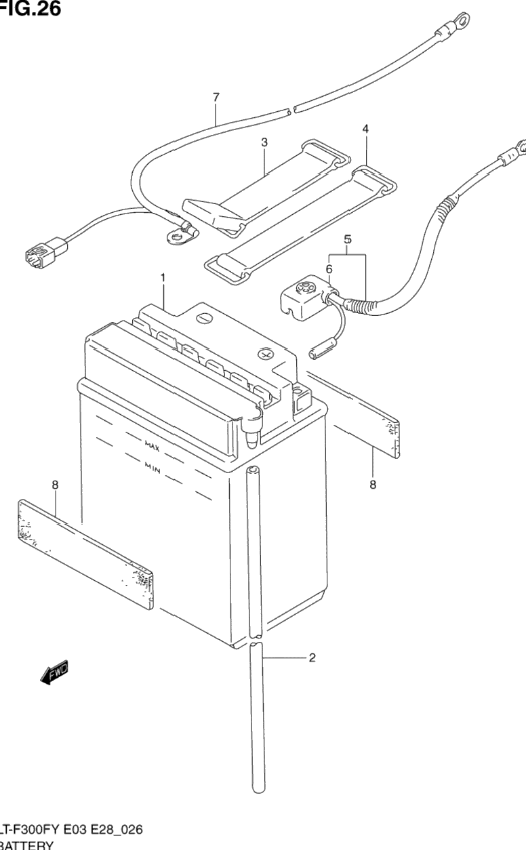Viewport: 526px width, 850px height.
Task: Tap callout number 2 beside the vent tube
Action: tap(312, 657)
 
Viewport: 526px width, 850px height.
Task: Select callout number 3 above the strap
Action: tap(264, 142)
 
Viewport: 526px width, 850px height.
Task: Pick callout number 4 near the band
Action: tap(365, 127)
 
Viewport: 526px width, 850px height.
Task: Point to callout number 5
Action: tap(348, 239)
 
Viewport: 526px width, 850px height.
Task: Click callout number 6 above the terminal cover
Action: tap(329, 269)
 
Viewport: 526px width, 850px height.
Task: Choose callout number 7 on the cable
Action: tap(216, 98)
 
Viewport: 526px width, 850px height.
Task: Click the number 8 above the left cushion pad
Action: tap(55, 485)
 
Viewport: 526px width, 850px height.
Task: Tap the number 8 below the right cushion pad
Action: tap(373, 485)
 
